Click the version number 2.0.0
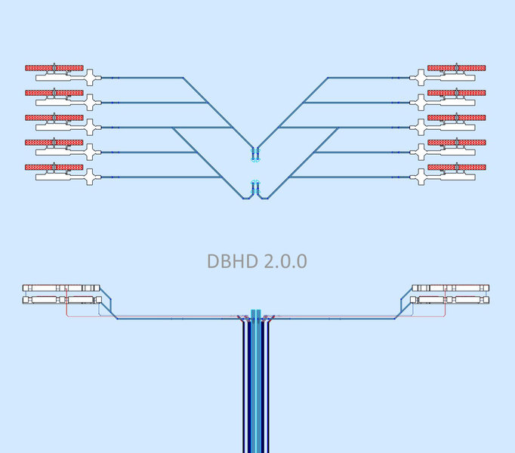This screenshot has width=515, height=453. tap(285, 262)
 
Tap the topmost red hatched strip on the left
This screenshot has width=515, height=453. tap(54, 68)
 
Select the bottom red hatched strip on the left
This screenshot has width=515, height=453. tap(54, 167)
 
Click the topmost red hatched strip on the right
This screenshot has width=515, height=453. tap(457, 68)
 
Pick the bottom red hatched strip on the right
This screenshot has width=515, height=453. tap(457, 167)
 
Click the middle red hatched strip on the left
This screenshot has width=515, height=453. tap(54, 118)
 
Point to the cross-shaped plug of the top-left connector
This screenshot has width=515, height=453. tap(91, 77)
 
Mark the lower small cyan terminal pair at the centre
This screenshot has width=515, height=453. tap(255, 183)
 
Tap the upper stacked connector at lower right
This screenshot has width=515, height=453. tap(450, 288)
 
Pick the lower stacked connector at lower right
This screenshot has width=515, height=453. tap(450, 300)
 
